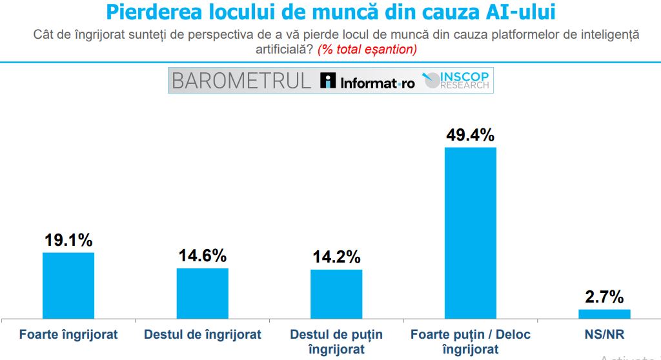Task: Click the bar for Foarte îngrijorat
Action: [68, 285]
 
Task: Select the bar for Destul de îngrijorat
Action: [203, 293]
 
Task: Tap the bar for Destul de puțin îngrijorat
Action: [336, 294]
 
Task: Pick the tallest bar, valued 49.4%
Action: [471, 233]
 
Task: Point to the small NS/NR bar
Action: [604, 314]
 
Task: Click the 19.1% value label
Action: [68, 240]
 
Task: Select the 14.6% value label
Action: [203, 255]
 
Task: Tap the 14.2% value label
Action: [336, 257]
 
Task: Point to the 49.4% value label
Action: [471, 135]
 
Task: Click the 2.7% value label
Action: [604, 297]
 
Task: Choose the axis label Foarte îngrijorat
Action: [68, 334]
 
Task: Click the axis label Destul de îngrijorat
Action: [203, 334]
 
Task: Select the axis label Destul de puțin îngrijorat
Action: [336, 341]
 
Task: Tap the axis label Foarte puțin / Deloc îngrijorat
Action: [471, 341]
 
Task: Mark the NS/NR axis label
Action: [604, 334]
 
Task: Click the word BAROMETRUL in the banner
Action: [241, 81]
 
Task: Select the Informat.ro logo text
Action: [369, 81]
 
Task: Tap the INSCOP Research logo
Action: [457, 80]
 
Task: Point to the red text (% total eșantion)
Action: [367, 49]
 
